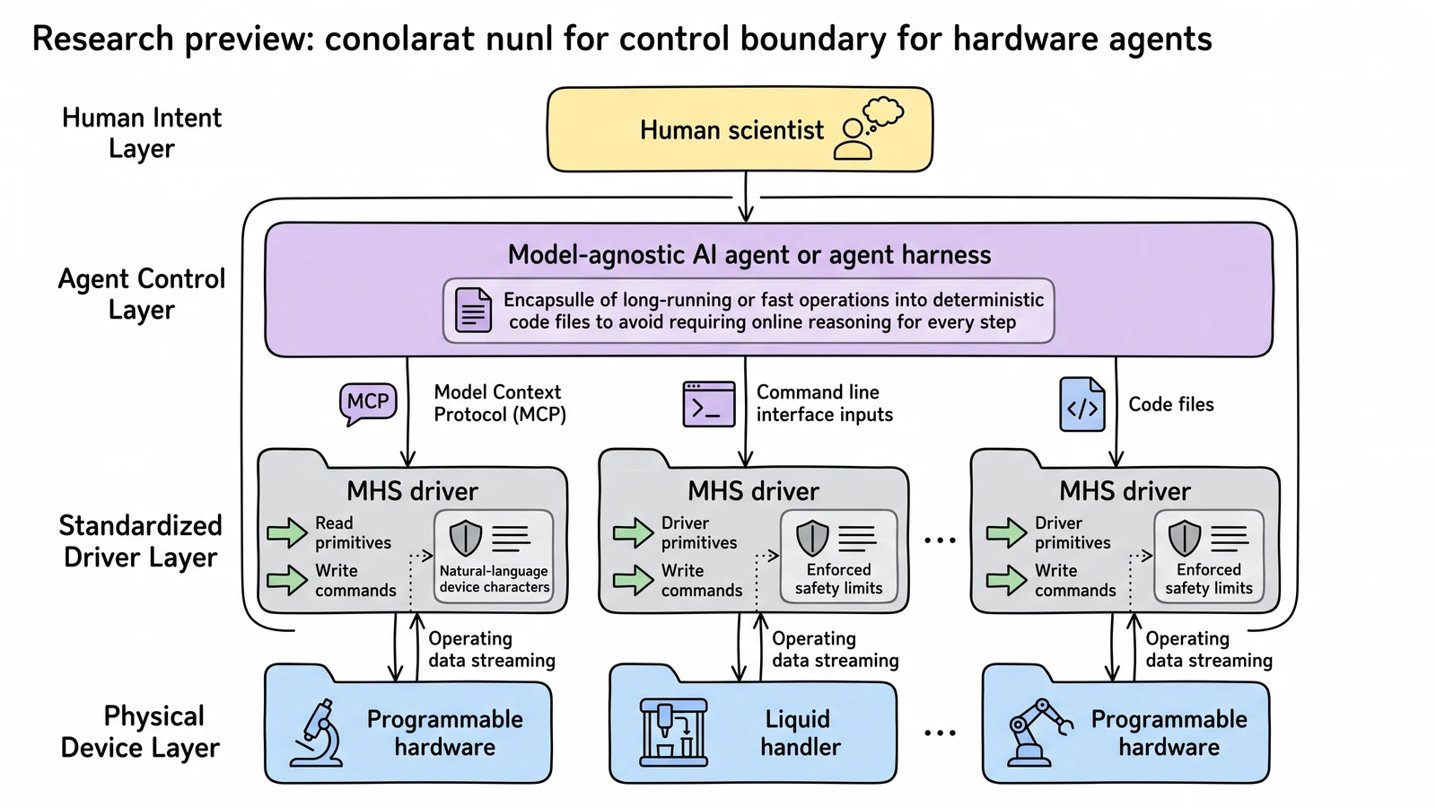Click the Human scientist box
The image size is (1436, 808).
pyautogui.click(x=740, y=129)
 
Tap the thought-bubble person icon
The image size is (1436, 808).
pyautogui.click(x=868, y=128)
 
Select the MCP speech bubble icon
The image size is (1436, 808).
pyautogui.click(x=368, y=404)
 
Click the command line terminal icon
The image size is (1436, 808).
pyautogui.click(x=709, y=404)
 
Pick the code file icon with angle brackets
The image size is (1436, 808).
pyautogui.click(x=1082, y=404)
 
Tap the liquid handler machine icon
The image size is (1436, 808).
pyautogui.click(x=674, y=733)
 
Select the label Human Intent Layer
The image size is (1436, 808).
pyautogui.click(x=142, y=133)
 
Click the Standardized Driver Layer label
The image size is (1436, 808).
pyautogui.click(x=140, y=541)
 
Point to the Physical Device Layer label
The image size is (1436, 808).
pyautogui.click(x=140, y=732)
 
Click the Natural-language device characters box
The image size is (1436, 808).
pyautogui.click(x=494, y=557)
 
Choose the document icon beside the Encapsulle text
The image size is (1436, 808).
pyautogui.click(x=473, y=311)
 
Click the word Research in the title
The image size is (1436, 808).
pyautogui.click(x=102, y=39)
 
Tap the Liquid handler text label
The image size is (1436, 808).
pyautogui.click(x=800, y=733)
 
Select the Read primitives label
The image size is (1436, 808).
pyautogui.click(x=353, y=533)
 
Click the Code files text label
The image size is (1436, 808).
pyautogui.click(x=1171, y=404)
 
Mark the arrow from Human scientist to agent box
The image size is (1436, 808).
pyautogui.click(x=746, y=197)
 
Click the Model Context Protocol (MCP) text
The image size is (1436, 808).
pyautogui.click(x=500, y=403)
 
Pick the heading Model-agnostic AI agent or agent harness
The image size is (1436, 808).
pyautogui.click(x=749, y=255)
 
